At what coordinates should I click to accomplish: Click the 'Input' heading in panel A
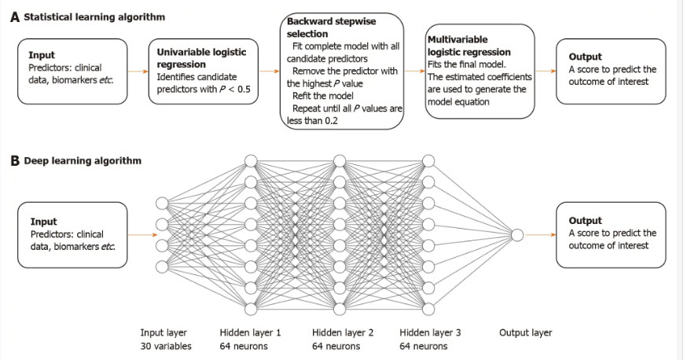coord(42,56)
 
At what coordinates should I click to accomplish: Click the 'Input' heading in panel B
coord(43,222)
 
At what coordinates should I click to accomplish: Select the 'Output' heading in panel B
coord(585,221)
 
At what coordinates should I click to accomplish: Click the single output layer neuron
coord(516,234)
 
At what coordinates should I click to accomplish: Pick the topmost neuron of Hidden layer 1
coord(251,162)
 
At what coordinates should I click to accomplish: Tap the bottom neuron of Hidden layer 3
coord(428,307)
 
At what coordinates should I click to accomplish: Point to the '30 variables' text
coord(166,346)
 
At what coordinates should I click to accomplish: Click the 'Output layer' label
coord(525,332)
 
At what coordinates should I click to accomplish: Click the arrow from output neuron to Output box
coord(539,234)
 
